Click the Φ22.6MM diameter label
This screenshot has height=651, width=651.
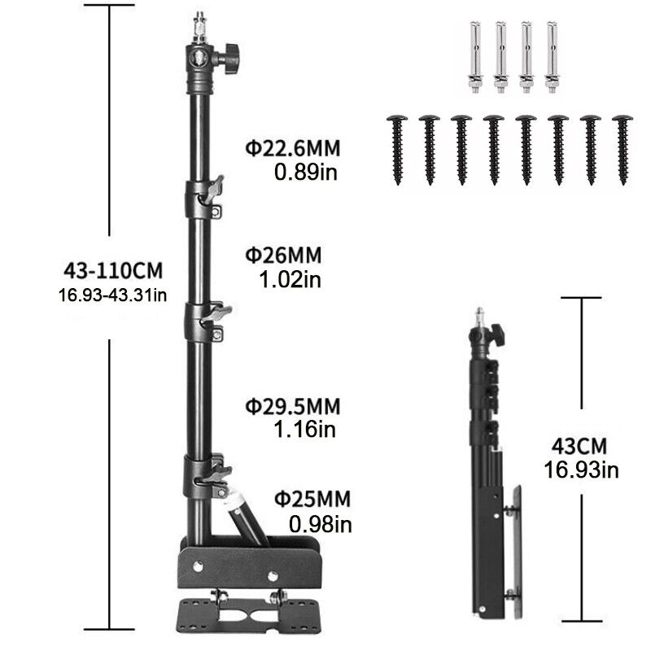pyautogui.click(x=293, y=148)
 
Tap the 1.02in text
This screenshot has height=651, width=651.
pyautogui.click(x=291, y=279)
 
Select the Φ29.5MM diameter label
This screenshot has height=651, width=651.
pyautogui.click(x=293, y=406)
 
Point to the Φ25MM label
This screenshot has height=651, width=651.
pyautogui.click(x=312, y=499)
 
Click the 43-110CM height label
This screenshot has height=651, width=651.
pyautogui.click(x=113, y=271)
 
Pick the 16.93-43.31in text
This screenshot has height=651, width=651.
pyautogui.click(x=112, y=295)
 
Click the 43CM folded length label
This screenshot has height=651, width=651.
pyautogui.click(x=579, y=446)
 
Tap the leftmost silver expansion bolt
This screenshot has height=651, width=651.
pyautogui.click(x=475, y=57)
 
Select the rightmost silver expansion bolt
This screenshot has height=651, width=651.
pyautogui.click(x=552, y=57)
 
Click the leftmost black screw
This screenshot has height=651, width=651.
pyautogui.click(x=397, y=150)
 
